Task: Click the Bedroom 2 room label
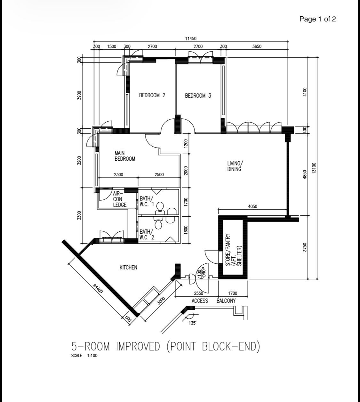[152, 95]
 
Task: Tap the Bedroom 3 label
[198, 96]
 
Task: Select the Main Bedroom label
[125, 156]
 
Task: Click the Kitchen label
[128, 268]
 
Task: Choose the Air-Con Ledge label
[120, 199]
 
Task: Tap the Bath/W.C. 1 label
[147, 201]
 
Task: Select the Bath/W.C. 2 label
[147, 234]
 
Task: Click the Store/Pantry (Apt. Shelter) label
[234, 250]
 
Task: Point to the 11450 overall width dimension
[191, 39]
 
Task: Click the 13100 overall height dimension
[314, 168]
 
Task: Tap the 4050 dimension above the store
[253, 206]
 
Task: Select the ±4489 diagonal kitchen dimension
[98, 289]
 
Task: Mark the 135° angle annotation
[192, 323]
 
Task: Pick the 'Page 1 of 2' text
[317, 19]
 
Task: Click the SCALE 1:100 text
[84, 356]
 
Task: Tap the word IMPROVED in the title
[138, 346]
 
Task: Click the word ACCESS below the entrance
[200, 301]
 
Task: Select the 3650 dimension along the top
[257, 46]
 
